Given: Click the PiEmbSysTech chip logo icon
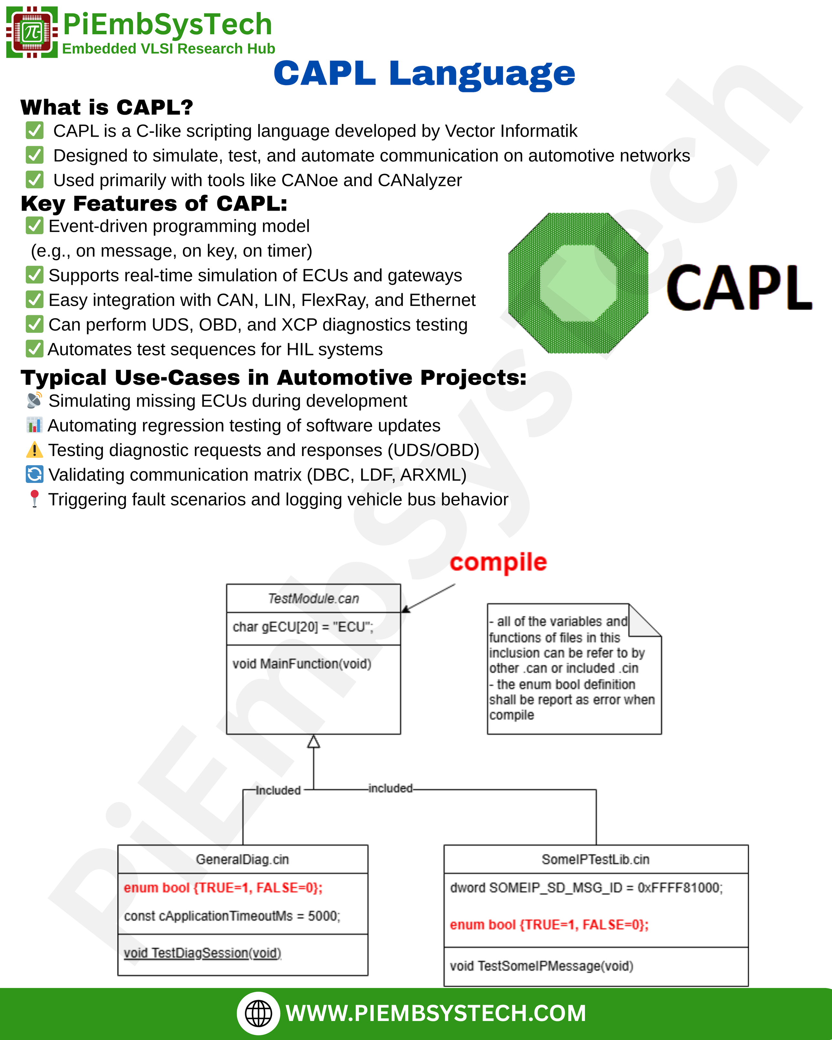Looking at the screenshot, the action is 32,32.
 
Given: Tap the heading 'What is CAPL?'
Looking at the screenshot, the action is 107,107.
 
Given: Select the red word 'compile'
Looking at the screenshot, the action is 498,562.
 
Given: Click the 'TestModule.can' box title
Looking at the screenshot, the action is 314,598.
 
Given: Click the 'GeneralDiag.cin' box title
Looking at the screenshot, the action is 242,859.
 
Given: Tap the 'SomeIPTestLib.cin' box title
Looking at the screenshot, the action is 596,859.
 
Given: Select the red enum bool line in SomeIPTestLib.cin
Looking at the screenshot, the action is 549,925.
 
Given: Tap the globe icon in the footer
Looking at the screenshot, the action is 258,1014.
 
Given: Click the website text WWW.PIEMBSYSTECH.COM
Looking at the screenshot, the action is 436,1014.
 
